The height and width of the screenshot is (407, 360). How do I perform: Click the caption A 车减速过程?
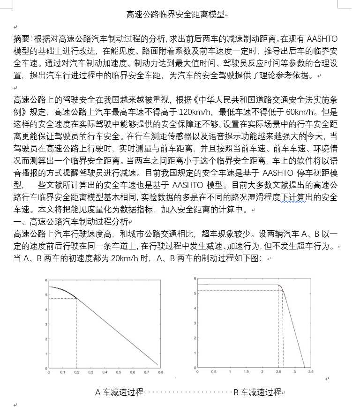pyautogui.click(x=119, y=392)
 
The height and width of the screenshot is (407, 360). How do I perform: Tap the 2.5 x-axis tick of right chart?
pyautogui.click(x=278, y=372)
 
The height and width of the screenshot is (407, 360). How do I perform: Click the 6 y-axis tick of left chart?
pyautogui.click(x=46, y=280)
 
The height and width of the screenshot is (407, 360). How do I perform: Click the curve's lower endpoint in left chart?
pyautogui.click(x=157, y=364)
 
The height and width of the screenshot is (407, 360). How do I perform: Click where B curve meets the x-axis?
pyautogui.click(x=304, y=367)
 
